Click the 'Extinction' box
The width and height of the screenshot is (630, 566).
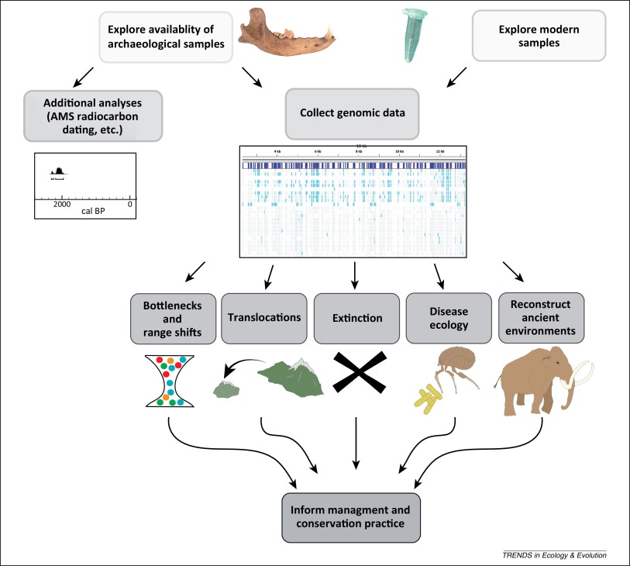(x=357, y=317)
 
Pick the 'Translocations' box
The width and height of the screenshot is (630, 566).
(x=265, y=317)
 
